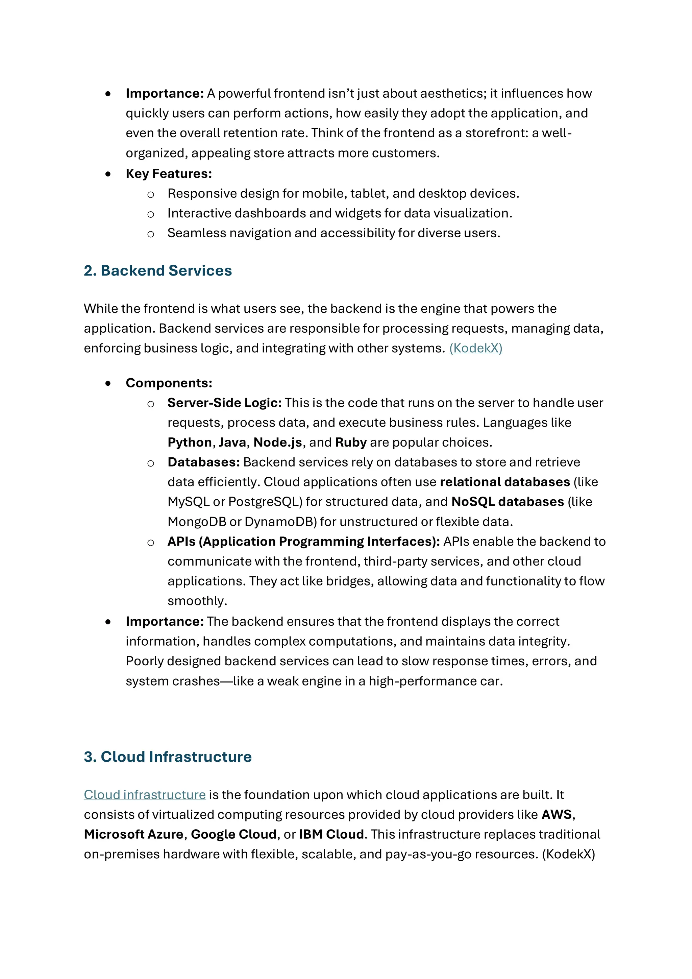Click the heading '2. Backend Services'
click(x=158, y=271)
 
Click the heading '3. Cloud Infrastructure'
click(x=168, y=757)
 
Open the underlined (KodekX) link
click(x=475, y=349)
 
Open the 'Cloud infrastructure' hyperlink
click(x=145, y=795)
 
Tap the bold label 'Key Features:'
click(x=169, y=173)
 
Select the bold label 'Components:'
click(x=169, y=383)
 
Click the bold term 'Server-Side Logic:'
click(x=224, y=403)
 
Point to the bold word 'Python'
click(x=190, y=443)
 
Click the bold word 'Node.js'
click(x=277, y=443)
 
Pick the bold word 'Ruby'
click(x=351, y=443)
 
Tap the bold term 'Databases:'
click(x=203, y=462)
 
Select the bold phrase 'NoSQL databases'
click(x=508, y=502)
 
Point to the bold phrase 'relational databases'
click(x=505, y=482)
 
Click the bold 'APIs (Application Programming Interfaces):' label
click(x=303, y=542)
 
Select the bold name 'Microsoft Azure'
click(x=133, y=834)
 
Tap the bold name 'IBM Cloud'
click(x=331, y=834)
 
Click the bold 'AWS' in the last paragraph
click(x=557, y=815)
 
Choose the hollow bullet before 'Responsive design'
click(x=150, y=195)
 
